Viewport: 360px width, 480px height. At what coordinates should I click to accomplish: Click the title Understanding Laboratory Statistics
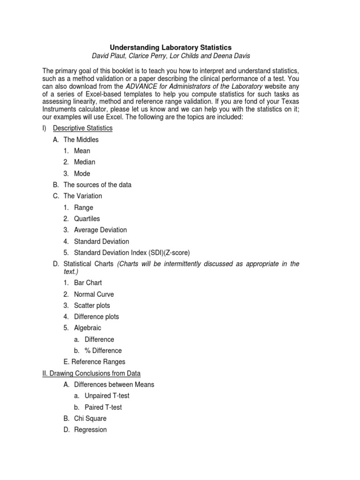click(x=171, y=47)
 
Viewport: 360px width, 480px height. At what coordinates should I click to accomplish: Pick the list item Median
click(x=84, y=162)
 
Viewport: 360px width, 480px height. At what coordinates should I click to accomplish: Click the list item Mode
click(x=82, y=173)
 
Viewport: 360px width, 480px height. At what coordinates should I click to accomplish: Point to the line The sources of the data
click(x=97, y=185)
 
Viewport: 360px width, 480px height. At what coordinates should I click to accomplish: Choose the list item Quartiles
click(x=87, y=219)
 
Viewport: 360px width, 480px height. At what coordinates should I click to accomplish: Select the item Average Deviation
click(x=100, y=230)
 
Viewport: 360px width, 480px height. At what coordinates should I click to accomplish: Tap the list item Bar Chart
click(x=88, y=283)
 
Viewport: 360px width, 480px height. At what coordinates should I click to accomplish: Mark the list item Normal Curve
click(x=94, y=294)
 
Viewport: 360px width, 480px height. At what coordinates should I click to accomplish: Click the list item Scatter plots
click(x=92, y=306)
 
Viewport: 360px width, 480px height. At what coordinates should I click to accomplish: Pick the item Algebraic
click(x=87, y=328)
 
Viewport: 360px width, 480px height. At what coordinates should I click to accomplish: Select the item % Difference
click(x=103, y=351)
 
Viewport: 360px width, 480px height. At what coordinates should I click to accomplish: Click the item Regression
click(x=90, y=430)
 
